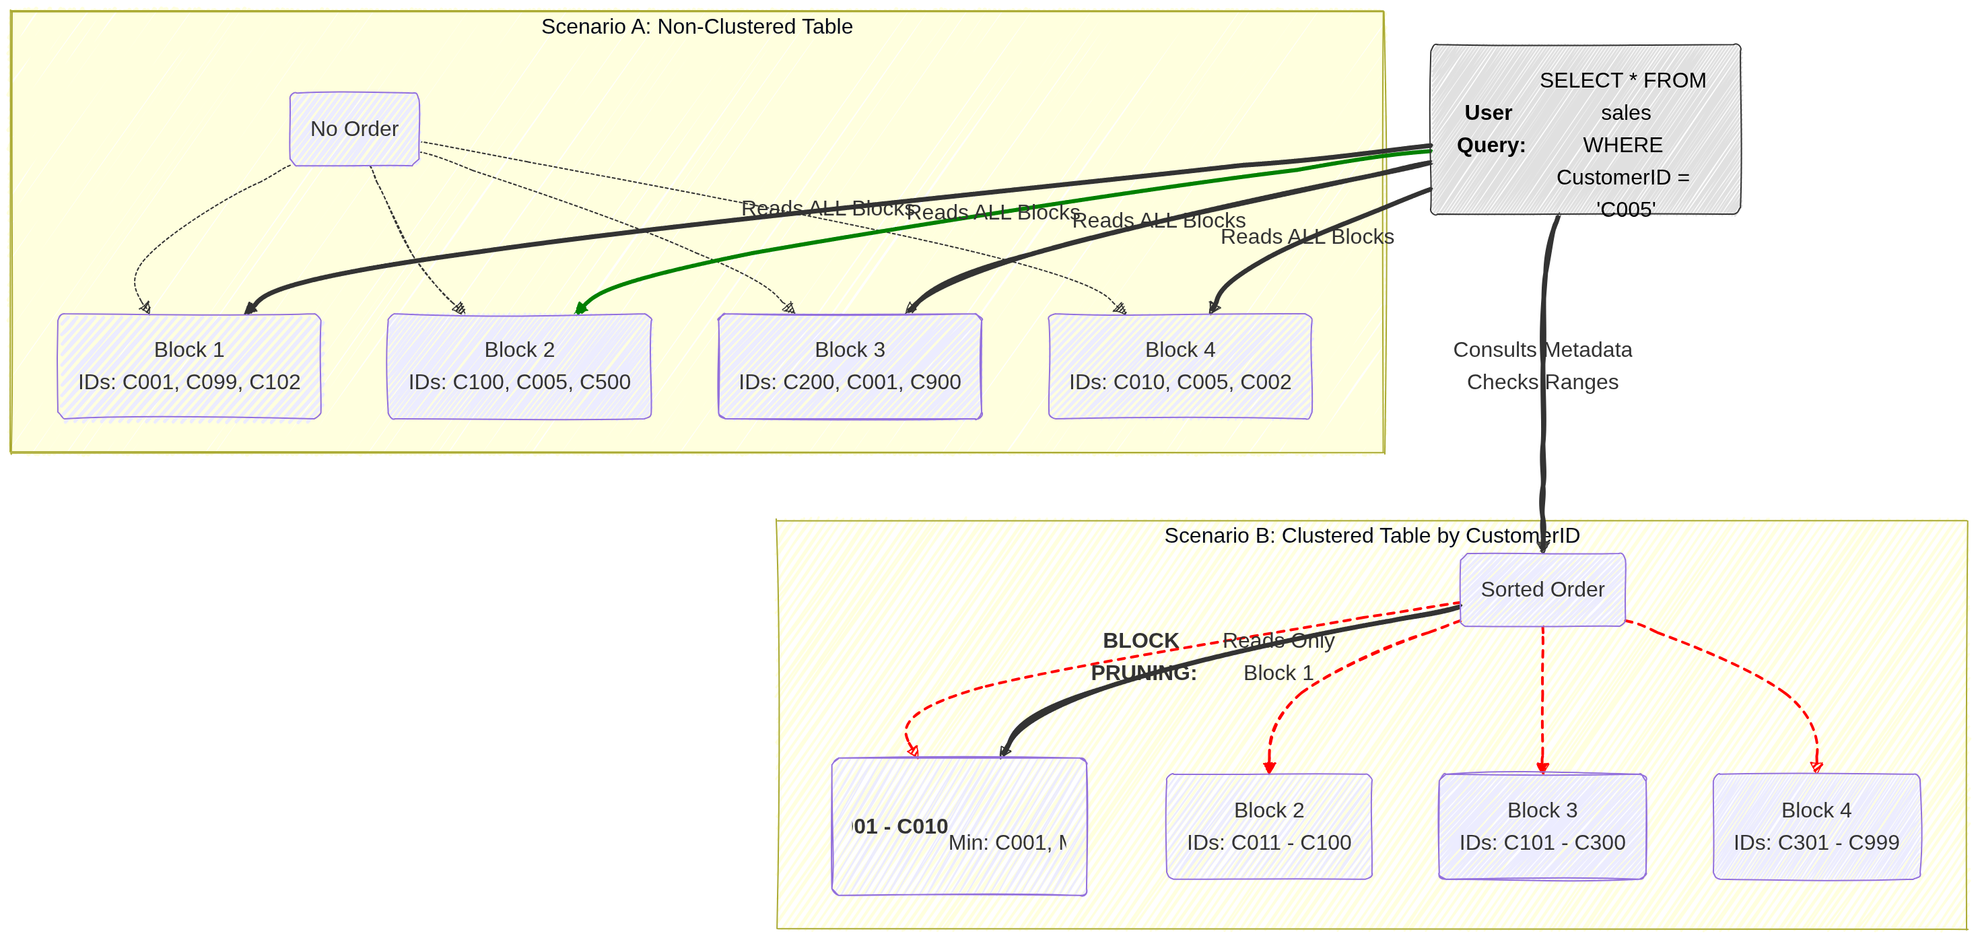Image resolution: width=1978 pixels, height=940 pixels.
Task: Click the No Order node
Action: [x=354, y=129]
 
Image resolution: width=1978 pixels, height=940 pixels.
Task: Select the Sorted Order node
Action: [x=1542, y=589]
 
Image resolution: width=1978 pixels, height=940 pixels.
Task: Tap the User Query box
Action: [x=1585, y=129]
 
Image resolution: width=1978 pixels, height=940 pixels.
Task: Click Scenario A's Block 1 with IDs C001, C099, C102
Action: [x=189, y=366]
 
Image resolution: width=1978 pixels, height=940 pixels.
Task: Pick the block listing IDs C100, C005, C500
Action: [x=519, y=366]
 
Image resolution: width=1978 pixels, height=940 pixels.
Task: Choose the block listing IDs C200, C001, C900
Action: [x=849, y=366]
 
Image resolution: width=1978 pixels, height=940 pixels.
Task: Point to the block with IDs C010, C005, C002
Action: [x=1180, y=366]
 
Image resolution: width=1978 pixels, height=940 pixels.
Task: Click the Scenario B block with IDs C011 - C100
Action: [x=1268, y=826]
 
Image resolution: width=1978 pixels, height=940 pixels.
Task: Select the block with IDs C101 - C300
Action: [x=1542, y=826]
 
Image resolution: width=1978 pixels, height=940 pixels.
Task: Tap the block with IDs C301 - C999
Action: [x=1816, y=826]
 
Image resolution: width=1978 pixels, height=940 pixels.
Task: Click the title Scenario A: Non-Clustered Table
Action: [x=696, y=27]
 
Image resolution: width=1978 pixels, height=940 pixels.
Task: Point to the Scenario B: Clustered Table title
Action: [x=1371, y=535]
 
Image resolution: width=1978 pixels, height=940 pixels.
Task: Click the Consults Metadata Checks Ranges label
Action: [x=1542, y=366]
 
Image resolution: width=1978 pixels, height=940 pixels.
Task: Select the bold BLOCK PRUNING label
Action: [x=1143, y=657]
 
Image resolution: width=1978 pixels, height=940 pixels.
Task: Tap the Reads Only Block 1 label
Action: [x=1278, y=657]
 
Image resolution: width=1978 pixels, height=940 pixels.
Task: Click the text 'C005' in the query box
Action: [x=1625, y=209]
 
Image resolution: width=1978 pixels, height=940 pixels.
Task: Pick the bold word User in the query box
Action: [x=1487, y=113]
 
